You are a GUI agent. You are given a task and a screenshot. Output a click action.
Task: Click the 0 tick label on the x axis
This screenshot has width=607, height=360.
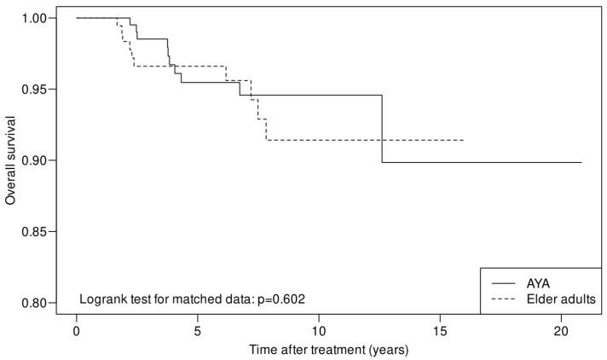pyautogui.click(x=77, y=330)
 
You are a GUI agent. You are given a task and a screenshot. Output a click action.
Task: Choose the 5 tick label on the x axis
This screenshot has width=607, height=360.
pyautogui.click(x=198, y=330)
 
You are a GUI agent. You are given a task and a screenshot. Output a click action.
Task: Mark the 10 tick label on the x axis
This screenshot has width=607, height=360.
pyautogui.click(x=319, y=330)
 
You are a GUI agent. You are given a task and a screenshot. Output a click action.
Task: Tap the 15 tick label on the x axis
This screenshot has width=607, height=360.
pyautogui.click(x=440, y=330)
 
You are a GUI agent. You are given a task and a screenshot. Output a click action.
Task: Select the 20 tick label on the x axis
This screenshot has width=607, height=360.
pyautogui.click(x=561, y=330)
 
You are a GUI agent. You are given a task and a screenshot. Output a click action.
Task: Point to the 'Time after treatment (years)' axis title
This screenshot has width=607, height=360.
pyautogui.click(x=329, y=349)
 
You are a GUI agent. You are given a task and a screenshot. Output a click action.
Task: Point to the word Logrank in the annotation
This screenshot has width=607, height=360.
pyautogui.click(x=103, y=299)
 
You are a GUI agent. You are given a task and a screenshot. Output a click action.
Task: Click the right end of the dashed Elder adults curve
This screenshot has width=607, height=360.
pyautogui.click(x=464, y=140)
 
